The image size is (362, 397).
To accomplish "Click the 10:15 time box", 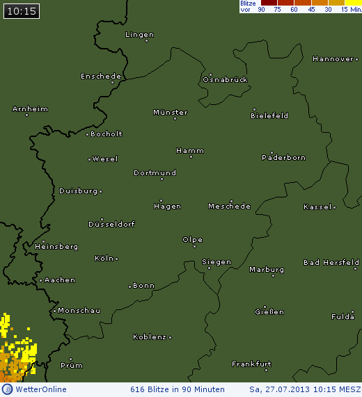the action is click(21, 10).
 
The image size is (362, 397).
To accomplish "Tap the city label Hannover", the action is click(333, 59).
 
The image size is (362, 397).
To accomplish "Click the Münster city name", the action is click(170, 112).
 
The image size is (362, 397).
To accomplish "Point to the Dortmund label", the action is click(155, 172).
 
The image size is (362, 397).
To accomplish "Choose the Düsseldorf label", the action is click(111, 224).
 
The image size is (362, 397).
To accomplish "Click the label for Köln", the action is click(103, 258).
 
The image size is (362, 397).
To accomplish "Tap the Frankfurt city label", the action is click(251, 364).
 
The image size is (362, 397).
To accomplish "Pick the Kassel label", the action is click(317, 207).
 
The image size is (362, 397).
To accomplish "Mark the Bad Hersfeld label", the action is click(331, 262).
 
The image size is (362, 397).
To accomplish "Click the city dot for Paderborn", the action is click(271, 152).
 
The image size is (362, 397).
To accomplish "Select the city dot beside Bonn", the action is click(129, 286).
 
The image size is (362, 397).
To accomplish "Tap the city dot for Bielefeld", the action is click(254, 109).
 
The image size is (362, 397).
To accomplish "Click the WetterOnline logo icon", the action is click(7, 389).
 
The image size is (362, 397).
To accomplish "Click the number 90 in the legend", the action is click(261, 10).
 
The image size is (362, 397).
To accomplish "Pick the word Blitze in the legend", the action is click(249, 3).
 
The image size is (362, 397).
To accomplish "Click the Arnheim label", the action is click(30, 109).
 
